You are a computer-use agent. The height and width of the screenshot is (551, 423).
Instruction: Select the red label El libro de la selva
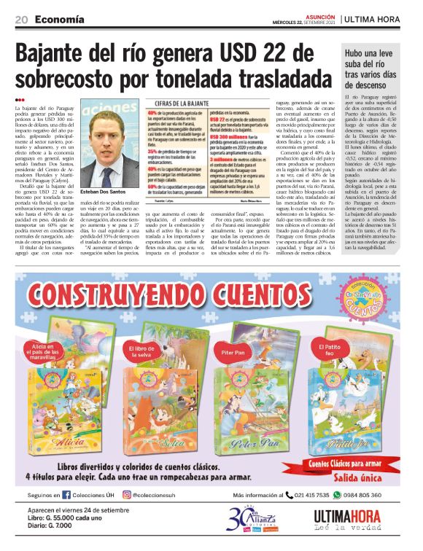144,353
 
